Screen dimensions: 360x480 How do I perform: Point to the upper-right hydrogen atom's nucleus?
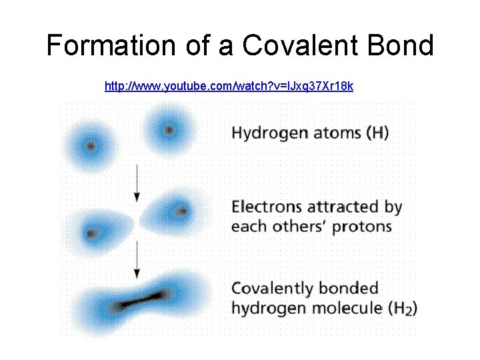point(169,130)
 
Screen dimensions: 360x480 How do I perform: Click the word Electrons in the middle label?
point(262,207)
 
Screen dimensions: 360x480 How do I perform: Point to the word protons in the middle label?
point(364,226)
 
